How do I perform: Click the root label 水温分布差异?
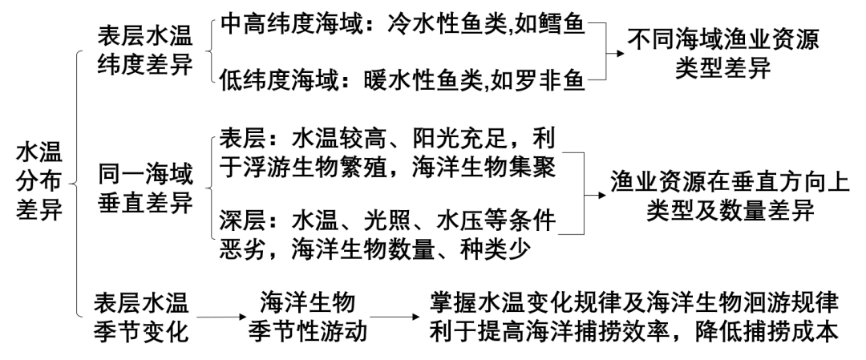tap(39, 181)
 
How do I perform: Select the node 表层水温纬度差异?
tap(145, 50)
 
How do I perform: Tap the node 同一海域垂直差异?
tap(145, 188)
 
